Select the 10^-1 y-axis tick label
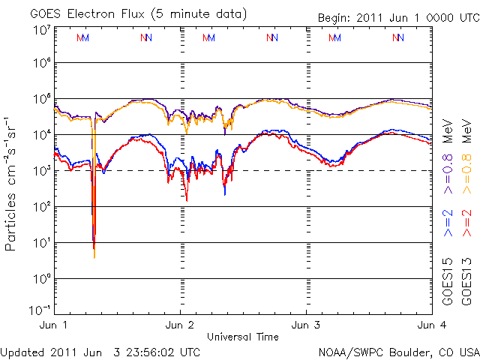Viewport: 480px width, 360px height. pyautogui.click(x=40, y=310)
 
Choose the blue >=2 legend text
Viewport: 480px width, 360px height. pyautogui.click(x=447, y=223)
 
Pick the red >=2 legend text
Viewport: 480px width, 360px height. pyautogui.click(x=466, y=223)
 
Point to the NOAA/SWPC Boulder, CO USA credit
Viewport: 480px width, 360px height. pyautogui.click(x=398, y=352)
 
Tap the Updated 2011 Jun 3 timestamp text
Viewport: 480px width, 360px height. pyautogui.click(x=100, y=352)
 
